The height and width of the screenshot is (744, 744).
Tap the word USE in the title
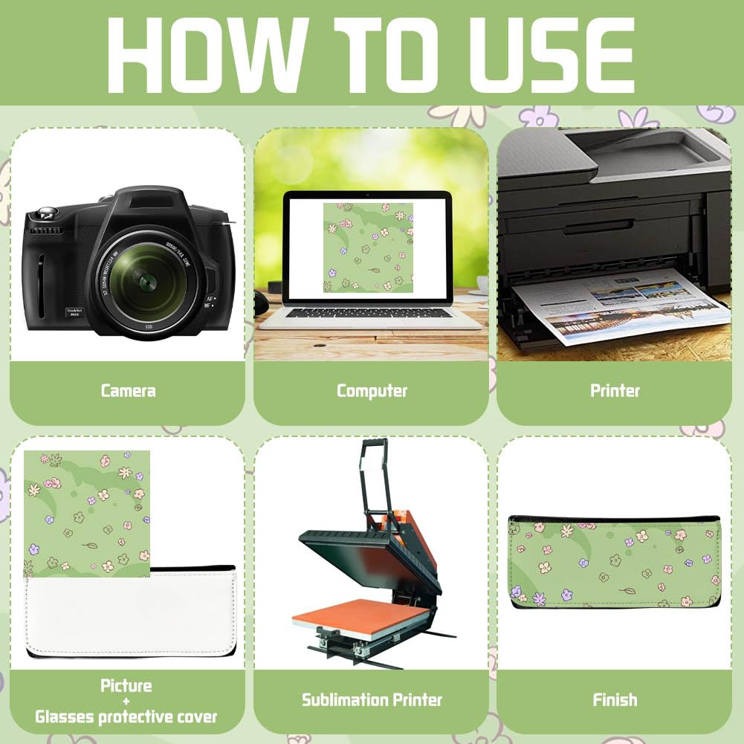[552, 55]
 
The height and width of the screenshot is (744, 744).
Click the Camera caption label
[128, 391]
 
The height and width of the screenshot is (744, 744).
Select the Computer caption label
[372, 391]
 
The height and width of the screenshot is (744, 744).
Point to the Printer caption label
[615, 390]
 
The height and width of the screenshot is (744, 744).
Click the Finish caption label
[615, 700]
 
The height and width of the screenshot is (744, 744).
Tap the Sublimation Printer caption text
[372, 700]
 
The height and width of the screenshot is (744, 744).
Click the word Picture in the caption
[126, 685]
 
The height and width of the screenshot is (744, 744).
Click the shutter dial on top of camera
[47, 213]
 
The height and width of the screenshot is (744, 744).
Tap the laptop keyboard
[369, 313]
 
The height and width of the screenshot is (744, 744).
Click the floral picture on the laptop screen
[368, 248]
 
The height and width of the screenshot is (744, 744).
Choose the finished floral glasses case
[615, 562]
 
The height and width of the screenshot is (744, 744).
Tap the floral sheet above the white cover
[87, 514]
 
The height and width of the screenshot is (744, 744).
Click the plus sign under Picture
[126, 702]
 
